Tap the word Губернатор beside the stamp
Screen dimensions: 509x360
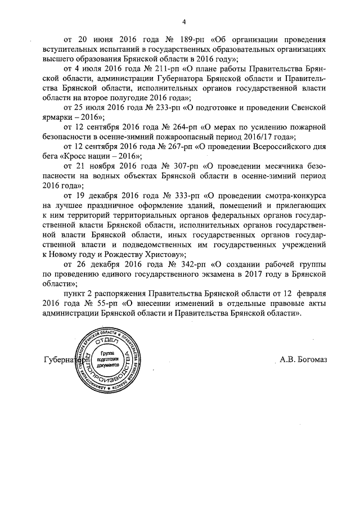tap(62, 361)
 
